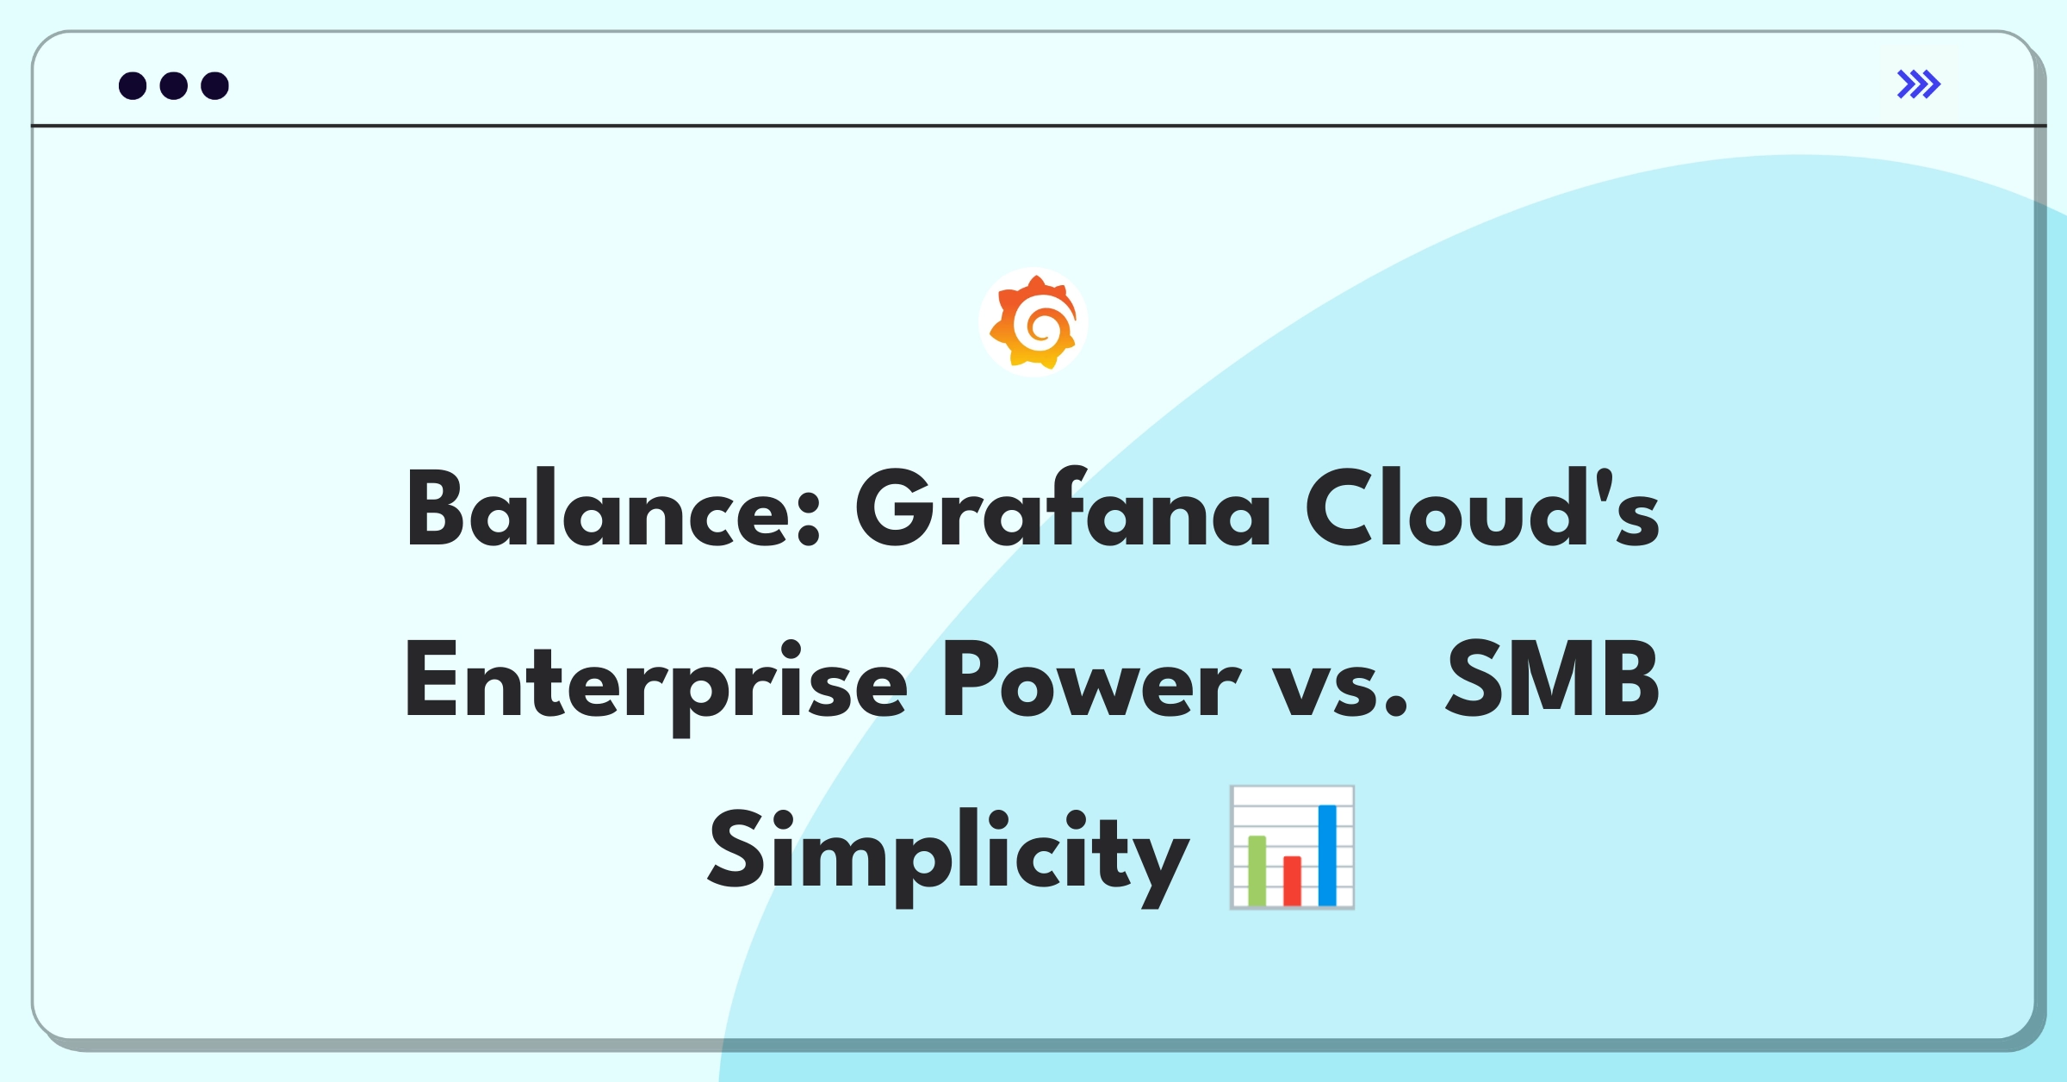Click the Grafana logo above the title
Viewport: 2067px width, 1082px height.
(1033, 322)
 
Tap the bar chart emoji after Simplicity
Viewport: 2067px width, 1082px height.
(1292, 847)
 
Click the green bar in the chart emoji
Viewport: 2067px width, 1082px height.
(1257, 870)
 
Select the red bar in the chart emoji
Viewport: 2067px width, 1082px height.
(1292, 880)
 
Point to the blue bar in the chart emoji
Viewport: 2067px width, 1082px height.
(1327, 855)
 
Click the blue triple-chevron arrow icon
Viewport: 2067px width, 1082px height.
(1919, 84)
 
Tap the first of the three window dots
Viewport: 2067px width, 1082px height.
(133, 85)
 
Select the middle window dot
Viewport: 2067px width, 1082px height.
(174, 85)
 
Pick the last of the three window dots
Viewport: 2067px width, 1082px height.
(215, 85)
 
